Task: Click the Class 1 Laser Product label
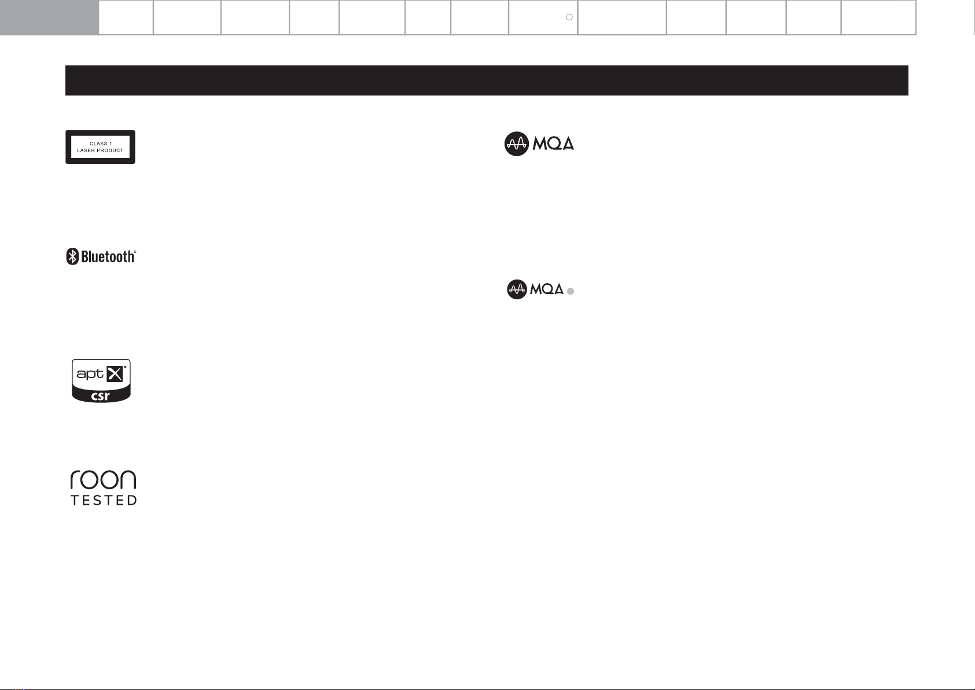(100, 147)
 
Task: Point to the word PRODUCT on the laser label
(110, 151)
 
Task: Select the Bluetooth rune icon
(72, 256)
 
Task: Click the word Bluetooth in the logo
(108, 256)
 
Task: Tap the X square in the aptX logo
(115, 374)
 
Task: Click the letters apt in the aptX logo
(90, 374)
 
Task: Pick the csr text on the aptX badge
(101, 397)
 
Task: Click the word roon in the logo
(103, 480)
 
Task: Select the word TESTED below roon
(104, 500)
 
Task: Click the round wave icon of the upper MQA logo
(516, 144)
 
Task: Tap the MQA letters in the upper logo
(553, 144)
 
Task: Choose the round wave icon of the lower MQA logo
(517, 289)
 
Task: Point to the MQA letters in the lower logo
(547, 289)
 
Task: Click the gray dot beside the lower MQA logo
(571, 292)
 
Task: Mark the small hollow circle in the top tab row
(569, 17)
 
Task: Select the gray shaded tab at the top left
(49, 17)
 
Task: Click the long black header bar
(487, 80)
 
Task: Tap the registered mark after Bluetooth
(135, 252)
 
